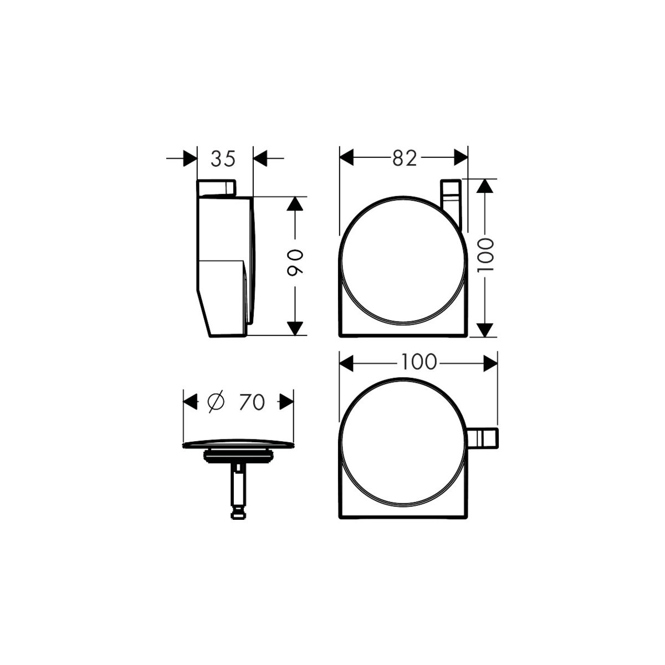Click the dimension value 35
point(223,158)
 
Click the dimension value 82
point(405,158)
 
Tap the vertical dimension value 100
point(485,255)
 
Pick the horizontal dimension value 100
point(420,362)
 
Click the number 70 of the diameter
point(252,402)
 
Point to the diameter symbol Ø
point(216,402)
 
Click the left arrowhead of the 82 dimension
point(346,158)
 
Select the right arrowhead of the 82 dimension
point(461,158)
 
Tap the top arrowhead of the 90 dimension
point(295,203)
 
